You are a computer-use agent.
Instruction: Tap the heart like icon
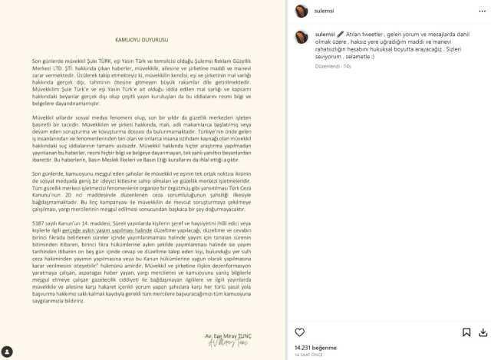pyautogui.click(x=300, y=332)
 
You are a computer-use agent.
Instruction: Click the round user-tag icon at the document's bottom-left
pyautogui.click(x=7, y=352)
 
